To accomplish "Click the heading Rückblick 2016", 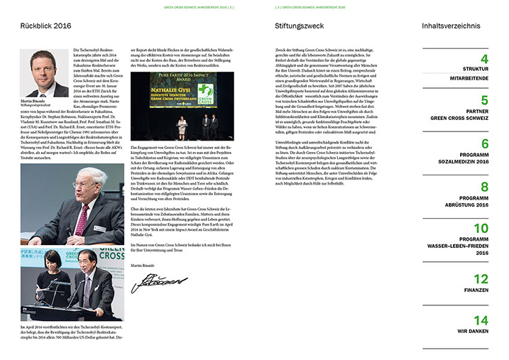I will coord(46,27).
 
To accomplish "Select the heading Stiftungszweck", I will coord(299,27).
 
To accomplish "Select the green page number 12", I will coord(481,278).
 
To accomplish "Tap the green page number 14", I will coord(481,320).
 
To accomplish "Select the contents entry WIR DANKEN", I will coord(472,332).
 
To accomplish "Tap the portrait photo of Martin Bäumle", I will coord(45,73).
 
